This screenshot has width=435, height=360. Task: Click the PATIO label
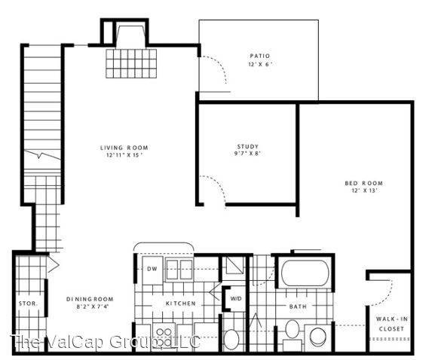[x=259, y=55]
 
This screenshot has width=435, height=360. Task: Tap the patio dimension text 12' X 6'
[x=259, y=64]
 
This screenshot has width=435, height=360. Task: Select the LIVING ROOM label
[x=124, y=147]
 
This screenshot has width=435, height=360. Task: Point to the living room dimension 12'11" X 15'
[x=124, y=155]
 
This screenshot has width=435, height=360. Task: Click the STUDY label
[x=248, y=147]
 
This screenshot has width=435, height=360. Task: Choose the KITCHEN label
[x=181, y=304]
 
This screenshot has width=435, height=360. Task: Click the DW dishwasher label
[x=152, y=268]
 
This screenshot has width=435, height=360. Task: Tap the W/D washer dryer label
[x=234, y=299]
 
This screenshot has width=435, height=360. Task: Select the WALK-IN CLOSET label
[x=392, y=325]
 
